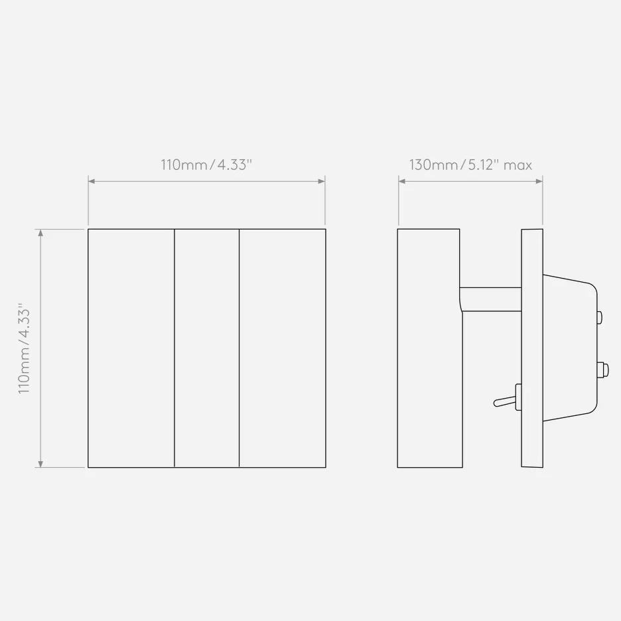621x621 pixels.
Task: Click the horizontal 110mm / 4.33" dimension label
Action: click(x=206, y=165)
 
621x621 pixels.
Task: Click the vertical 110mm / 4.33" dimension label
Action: click(x=24, y=348)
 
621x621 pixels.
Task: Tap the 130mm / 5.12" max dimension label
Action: click(x=470, y=165)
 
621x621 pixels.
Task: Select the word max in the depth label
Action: click(x=517, y=166)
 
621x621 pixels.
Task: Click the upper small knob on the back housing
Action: click(x=600, y=317)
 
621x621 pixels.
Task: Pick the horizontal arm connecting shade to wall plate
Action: click(x=490, y=299)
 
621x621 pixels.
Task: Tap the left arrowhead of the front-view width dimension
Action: click(x=92, y=181)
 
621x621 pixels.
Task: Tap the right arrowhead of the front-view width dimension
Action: click(x=322, y=181)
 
